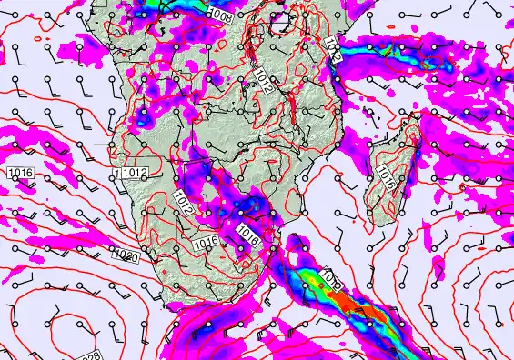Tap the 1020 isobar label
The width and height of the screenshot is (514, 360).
click(126, 257)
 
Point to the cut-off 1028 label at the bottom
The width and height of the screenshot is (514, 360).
click(88, 354)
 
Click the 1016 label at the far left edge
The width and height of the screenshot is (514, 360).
click(19, 172)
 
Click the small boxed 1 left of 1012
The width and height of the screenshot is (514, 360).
click(117, 173)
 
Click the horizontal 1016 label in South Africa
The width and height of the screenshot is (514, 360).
click(206, 242)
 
